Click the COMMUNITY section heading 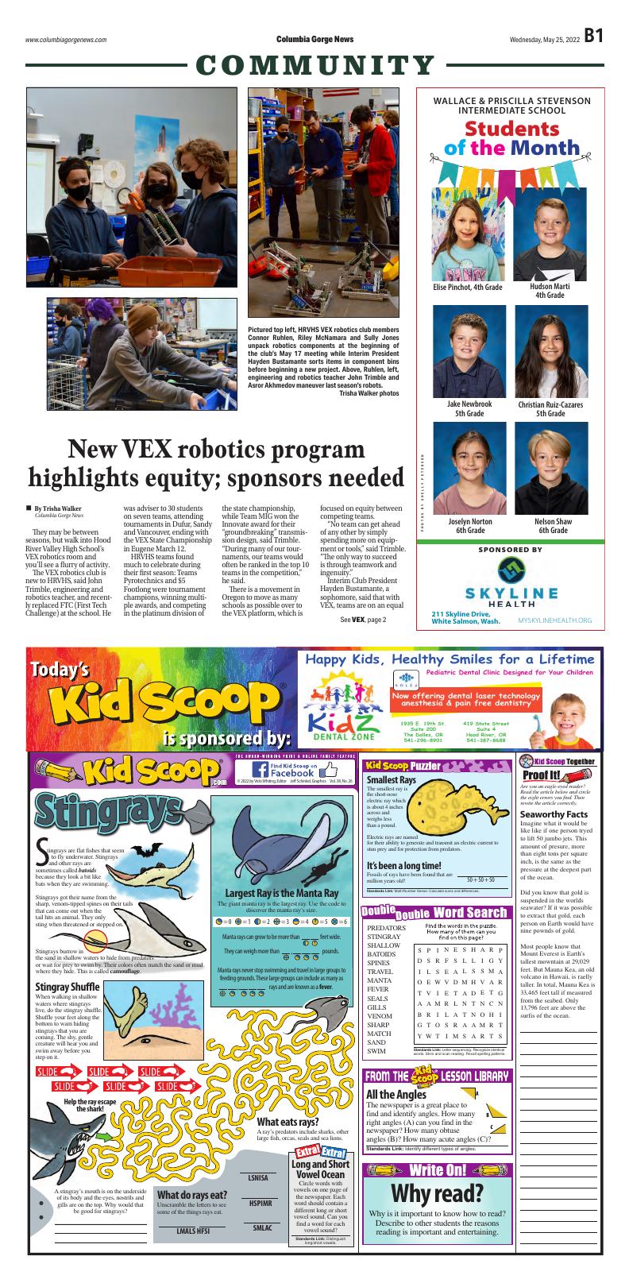point(314,66)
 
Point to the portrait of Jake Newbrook point(466,350)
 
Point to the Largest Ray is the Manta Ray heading point(282,894)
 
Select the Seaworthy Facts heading point(554,814)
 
